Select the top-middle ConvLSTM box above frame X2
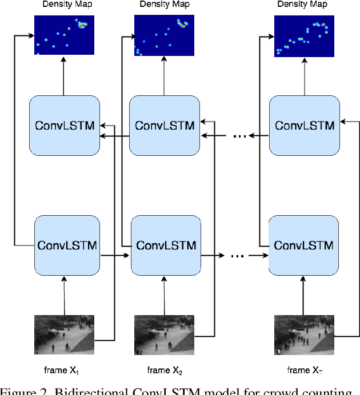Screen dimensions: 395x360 pos(165,125)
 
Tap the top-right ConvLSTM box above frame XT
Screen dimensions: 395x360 pos(304,125)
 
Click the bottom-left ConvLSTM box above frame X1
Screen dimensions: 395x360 pos(67,245)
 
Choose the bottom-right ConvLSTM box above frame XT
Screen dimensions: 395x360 pos(304,245)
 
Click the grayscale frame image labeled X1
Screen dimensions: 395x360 pos(64,334)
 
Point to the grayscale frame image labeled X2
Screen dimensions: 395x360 pos(164,334)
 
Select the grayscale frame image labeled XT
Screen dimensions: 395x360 pos(303,334)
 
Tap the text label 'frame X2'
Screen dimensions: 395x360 pos(164,370)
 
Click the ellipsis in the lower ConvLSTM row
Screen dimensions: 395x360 pos(236,257)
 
